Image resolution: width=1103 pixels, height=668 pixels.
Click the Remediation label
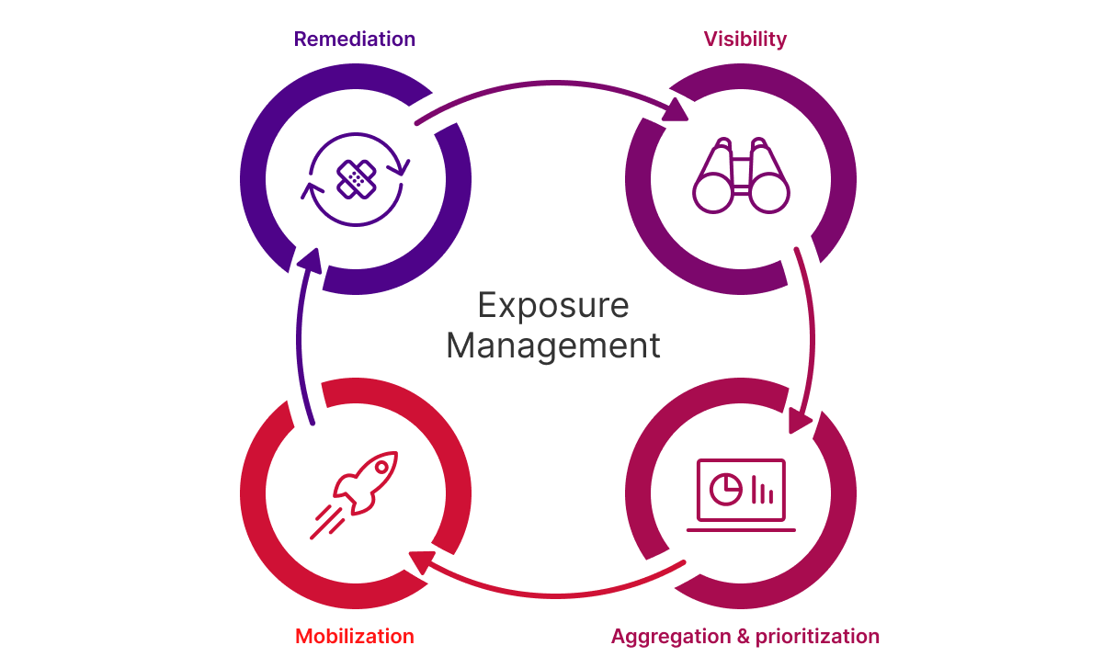354,40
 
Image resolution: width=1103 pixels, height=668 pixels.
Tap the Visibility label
745,40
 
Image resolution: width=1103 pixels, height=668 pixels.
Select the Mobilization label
354,636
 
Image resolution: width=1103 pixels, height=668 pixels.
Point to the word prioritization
817,636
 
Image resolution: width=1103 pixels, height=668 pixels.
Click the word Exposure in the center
553,305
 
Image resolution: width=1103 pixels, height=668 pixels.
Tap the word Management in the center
553,346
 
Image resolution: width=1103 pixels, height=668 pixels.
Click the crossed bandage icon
356,179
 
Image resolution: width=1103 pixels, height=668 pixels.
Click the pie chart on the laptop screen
728,488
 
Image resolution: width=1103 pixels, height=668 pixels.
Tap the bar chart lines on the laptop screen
762,490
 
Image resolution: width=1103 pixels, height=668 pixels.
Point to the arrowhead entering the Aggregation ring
800,422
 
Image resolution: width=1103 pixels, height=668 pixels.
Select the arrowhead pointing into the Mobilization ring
421,560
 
